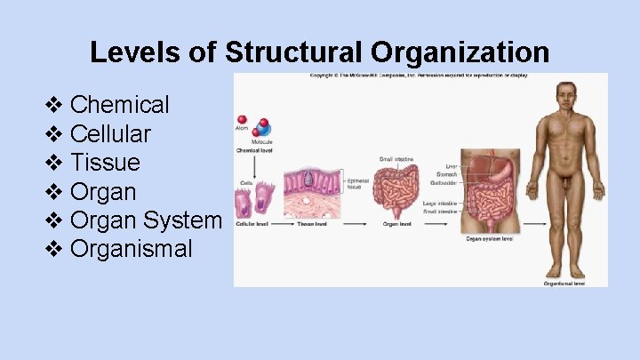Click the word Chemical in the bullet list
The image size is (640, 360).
(x=119, y=105)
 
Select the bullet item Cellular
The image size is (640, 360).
(x=110, y=134)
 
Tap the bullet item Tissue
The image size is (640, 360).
(x=105, y=163)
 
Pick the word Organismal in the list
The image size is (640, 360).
(x=131, y=249)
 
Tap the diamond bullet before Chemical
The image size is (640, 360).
(x=53, y=105)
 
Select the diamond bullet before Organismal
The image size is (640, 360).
(x=53, y=249)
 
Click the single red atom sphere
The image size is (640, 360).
(x=241, y=119)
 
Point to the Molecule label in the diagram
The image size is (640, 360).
(x=261, y=141)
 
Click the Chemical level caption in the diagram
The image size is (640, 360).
(x=254, y=150)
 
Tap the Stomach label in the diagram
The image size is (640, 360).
(x=446, y=175)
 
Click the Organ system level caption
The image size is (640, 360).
(x=490, y=238)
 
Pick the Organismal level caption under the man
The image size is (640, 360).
(x=564, y=284)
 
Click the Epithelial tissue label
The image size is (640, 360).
(x=357, y=184)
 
